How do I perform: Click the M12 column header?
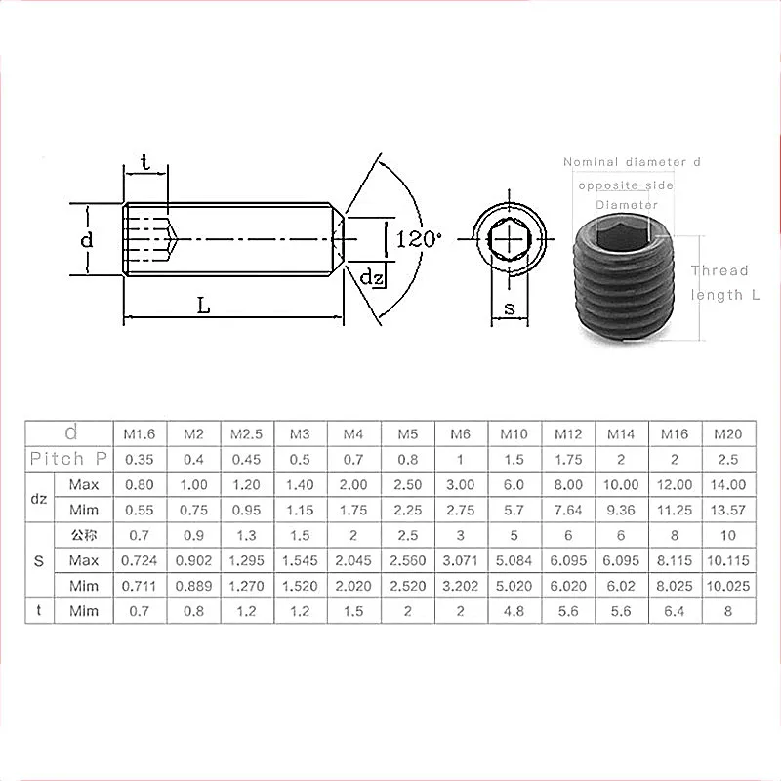tap(568, 432)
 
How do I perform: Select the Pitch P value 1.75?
tap(568, 458)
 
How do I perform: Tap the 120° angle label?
tap(419, 237)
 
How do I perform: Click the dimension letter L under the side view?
tap(203, 306)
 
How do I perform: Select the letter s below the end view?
tap(509, 308)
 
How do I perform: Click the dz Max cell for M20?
tap(728, 484)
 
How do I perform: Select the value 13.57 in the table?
tap(728, 509)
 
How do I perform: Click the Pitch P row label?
tap(67, 458)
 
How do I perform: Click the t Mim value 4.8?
tap(514, 611)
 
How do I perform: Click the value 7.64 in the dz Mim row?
tap(568, 509)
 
